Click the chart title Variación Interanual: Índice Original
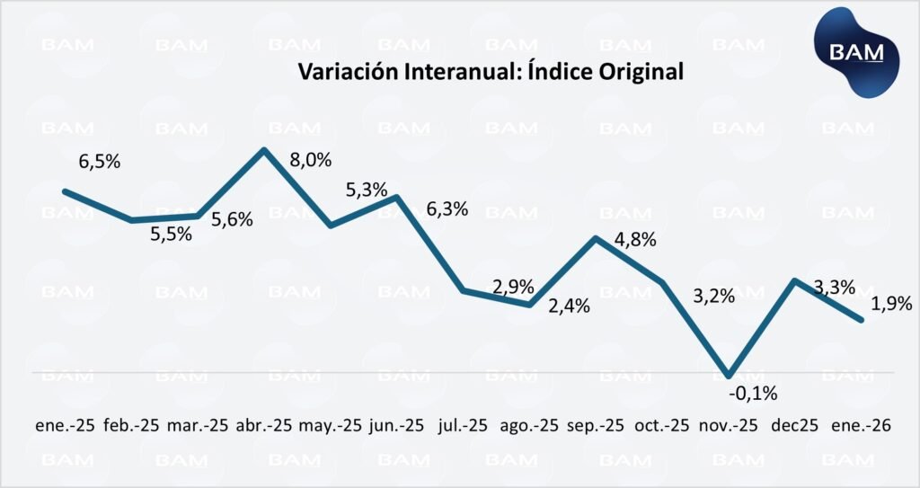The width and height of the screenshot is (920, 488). [x=490, y=72]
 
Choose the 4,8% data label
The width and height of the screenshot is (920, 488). [x=634, y=240]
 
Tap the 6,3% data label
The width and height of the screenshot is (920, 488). [x=447, y=209]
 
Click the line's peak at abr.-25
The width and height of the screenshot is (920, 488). [x=264, y=150]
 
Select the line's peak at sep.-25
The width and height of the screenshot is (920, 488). [x=596, y=238]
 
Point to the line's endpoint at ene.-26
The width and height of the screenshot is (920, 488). [x=862, y=321]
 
